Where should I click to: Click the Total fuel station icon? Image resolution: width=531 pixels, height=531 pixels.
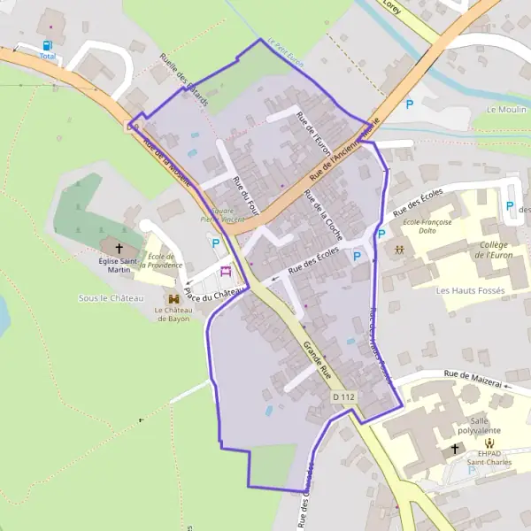pos(47,44)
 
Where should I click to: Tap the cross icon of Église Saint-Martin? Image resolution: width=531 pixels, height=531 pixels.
pos(119,249)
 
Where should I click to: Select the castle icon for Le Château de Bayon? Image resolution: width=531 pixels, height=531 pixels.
pos(173,300)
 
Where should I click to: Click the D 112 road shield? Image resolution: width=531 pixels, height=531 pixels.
pos(343,398)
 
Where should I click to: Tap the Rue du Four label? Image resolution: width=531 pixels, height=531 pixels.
pos(244,193)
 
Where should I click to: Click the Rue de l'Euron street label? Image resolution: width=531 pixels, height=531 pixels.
pos(313,134)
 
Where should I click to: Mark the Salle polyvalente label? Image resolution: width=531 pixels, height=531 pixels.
pos(492,427)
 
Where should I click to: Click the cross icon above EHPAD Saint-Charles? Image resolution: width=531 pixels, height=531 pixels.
pos(456,449)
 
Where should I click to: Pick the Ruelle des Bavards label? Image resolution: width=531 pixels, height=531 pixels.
pos(183,81)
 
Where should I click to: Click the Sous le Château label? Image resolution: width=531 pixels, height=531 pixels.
pos(111,298)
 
